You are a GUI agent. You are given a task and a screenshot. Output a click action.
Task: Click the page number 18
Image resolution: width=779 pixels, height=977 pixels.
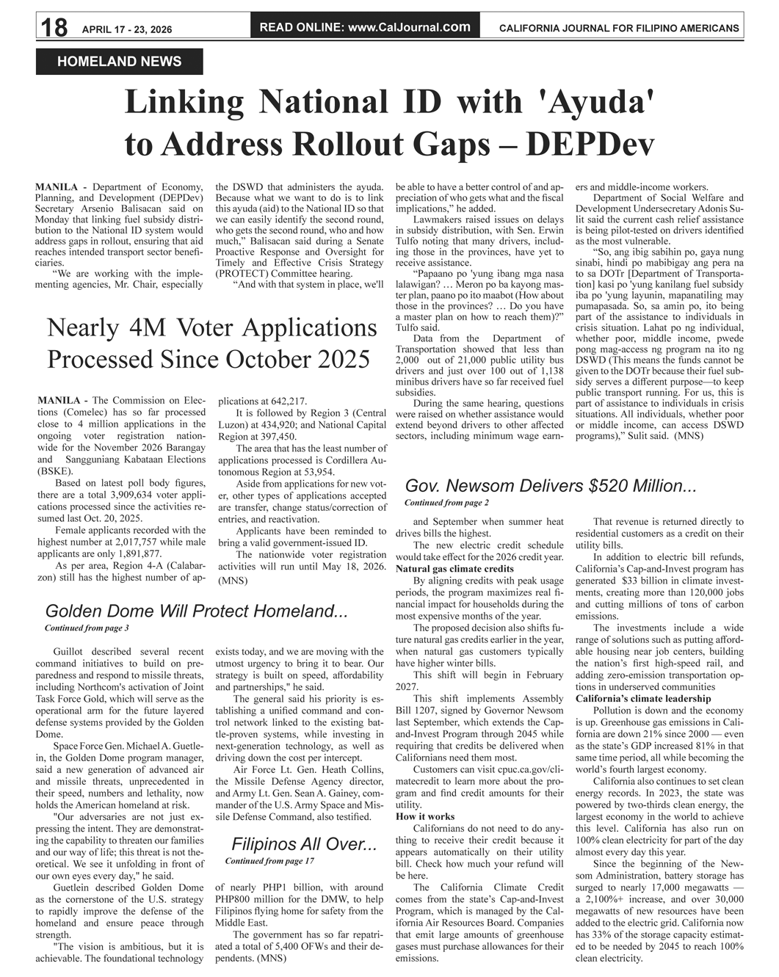point(54,28)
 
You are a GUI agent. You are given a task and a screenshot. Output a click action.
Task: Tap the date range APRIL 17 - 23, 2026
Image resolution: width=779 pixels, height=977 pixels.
point(127,29)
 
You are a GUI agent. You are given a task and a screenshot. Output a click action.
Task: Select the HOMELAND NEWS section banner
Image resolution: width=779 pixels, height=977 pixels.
point(119,62)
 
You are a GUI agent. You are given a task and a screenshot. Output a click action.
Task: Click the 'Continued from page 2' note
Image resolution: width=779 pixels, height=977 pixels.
point(446,503)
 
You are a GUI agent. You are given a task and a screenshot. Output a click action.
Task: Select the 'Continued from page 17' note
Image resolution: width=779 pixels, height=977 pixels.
point(269,860)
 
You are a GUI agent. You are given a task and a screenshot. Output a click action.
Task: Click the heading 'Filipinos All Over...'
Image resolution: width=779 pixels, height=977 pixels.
point(304,844)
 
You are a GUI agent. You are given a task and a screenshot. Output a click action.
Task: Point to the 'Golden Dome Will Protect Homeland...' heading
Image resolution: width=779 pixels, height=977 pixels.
point(196,611)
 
